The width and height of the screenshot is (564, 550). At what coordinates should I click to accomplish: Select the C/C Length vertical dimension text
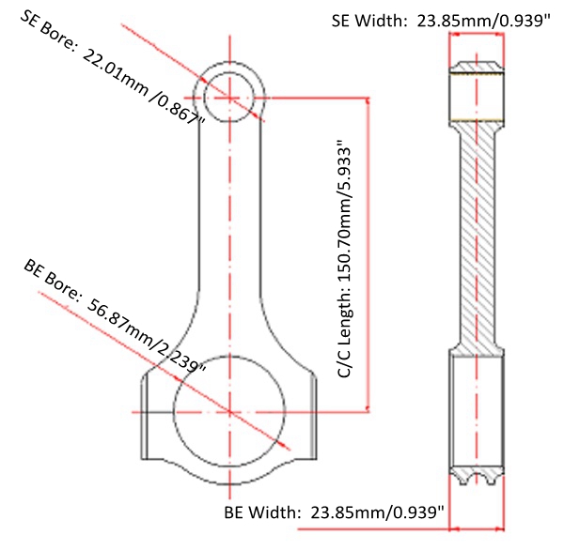[344, 261]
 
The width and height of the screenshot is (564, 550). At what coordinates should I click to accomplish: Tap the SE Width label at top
[441, 20]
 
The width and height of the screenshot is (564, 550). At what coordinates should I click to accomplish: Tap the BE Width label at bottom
[334, 513]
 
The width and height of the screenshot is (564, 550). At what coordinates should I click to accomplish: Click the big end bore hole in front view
[229, 411]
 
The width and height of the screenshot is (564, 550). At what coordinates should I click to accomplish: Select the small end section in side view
[478, 94]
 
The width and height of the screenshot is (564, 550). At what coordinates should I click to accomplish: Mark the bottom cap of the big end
[229, 474]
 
